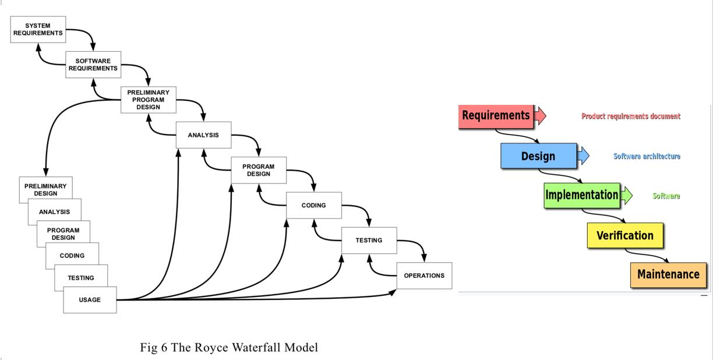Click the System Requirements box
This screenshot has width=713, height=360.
pos(38,29)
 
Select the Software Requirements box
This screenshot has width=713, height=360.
pos(93,65)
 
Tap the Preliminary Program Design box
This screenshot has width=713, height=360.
pos(148,100)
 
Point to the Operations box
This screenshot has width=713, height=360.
pos(424,276)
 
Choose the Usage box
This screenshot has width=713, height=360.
pos(90,300)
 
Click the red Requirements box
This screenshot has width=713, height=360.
pos(496,115)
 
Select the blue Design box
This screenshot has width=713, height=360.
pos(538,156)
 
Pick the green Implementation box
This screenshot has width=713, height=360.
pos(582,195)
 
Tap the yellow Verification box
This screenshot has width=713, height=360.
pos(624,235)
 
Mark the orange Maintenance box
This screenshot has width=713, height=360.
pos(668,274)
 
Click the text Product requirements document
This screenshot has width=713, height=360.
pos(631,117)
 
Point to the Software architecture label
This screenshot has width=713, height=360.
pos(647,156)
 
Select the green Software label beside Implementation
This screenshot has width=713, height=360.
pos(666,196)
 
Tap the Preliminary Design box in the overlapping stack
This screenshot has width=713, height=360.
pos(45,189)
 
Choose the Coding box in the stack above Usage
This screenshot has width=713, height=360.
pos(72,256)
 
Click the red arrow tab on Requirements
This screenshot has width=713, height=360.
pos(540,115)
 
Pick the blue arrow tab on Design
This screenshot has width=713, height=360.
pos(583,156)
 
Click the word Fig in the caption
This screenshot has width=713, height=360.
pos(149,348)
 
